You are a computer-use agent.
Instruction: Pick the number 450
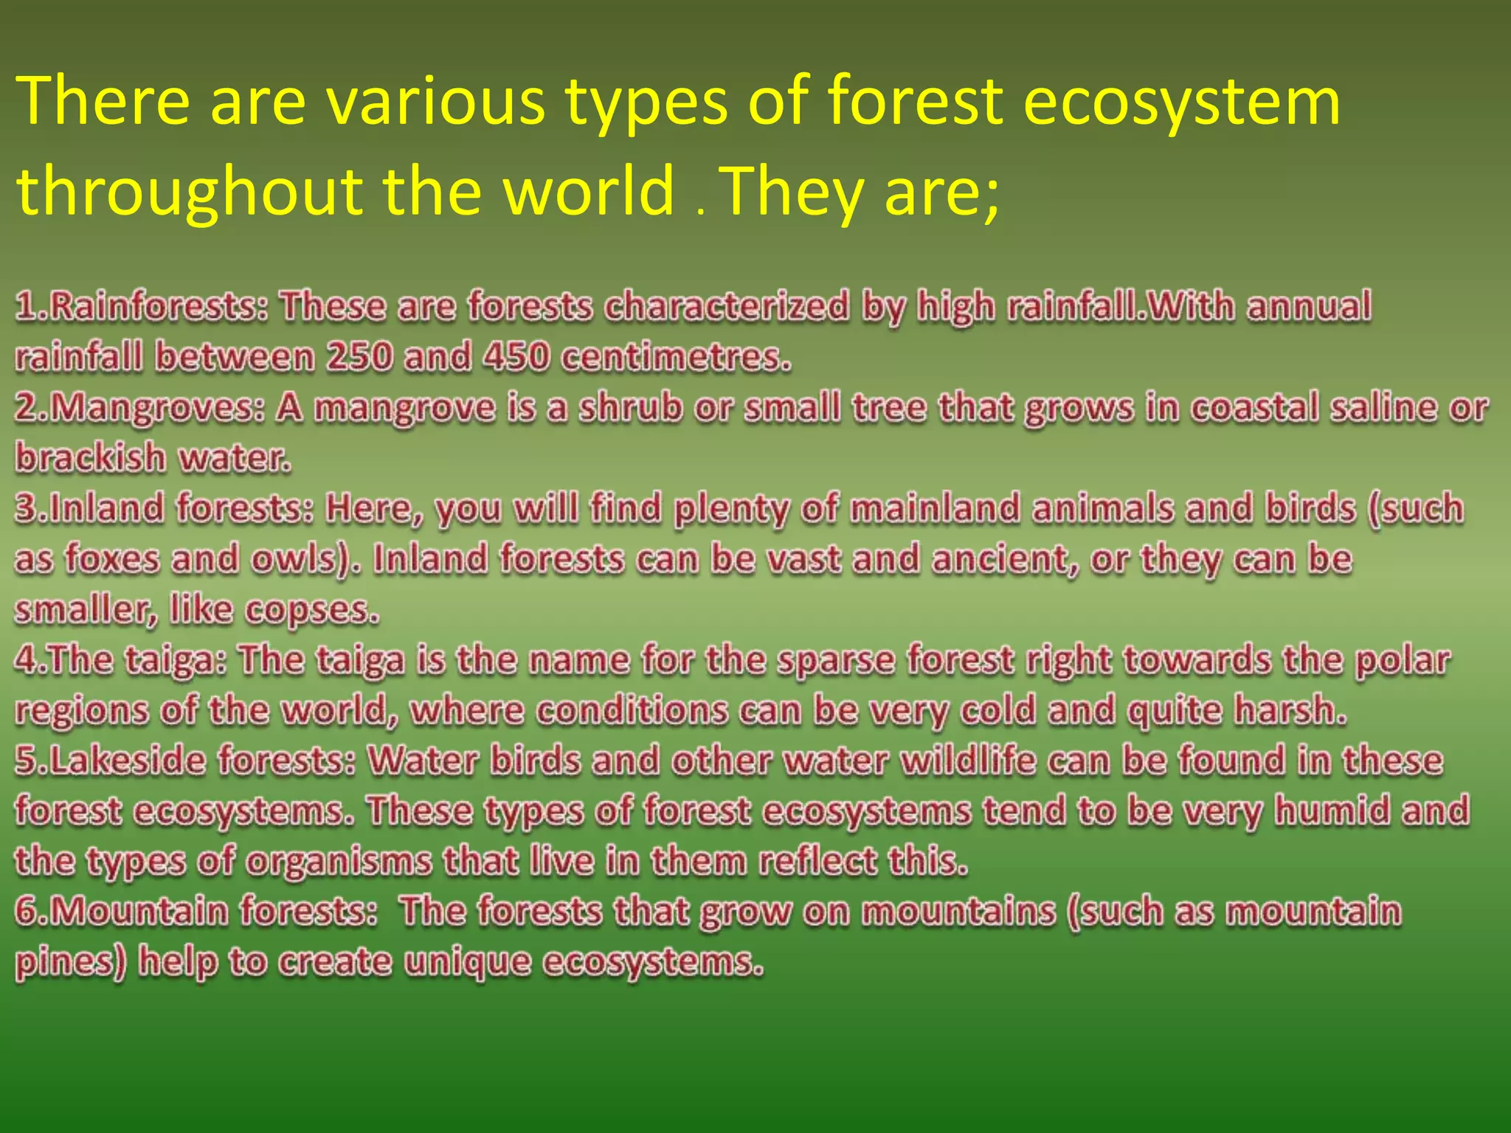(516, 356)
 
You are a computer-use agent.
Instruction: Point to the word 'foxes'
(111, 558)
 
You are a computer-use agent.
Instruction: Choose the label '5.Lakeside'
(110, 760)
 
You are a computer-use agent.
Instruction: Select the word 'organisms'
(338, 862)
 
